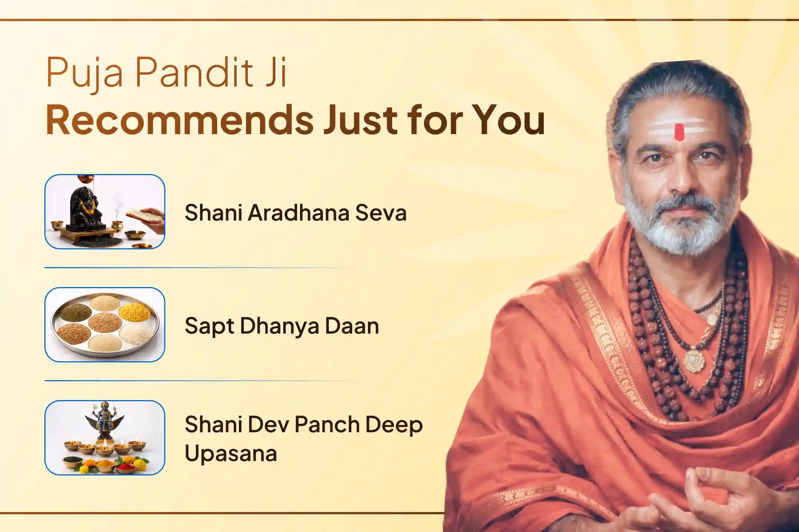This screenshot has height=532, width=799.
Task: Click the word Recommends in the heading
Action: pos(179,119)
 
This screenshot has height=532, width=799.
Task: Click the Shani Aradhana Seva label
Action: pos(295,213)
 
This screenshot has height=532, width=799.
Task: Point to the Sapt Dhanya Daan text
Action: pos(281,326)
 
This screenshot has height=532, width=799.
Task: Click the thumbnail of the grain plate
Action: pos(105,324)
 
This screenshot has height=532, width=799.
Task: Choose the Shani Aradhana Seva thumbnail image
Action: pos(105,211)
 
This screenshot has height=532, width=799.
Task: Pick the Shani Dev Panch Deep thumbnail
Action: pos(105,437)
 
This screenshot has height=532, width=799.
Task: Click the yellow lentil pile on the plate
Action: pos(134,311)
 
